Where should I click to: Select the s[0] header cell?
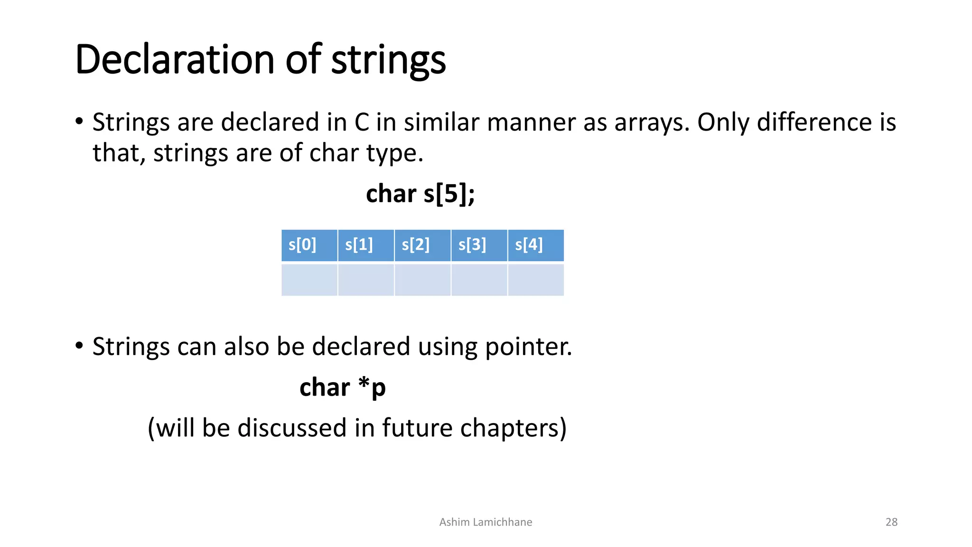click(309, 245)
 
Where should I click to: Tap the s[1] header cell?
click(365, 245)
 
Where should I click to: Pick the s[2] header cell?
click(422, 245)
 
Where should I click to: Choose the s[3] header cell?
click(479, 245)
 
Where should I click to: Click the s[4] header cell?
click(535, 245)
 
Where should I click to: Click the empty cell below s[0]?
click(309, 280)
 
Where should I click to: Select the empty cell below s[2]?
click(422, 280)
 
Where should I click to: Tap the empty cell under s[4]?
click(535, 280)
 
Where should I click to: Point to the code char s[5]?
click(420, 194)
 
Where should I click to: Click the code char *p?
click(342, 387)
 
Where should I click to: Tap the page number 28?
click(891, 522)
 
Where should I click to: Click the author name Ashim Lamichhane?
click(486, 522)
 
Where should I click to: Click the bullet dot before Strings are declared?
click(79, 122)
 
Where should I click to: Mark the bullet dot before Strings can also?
click(79, 346)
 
